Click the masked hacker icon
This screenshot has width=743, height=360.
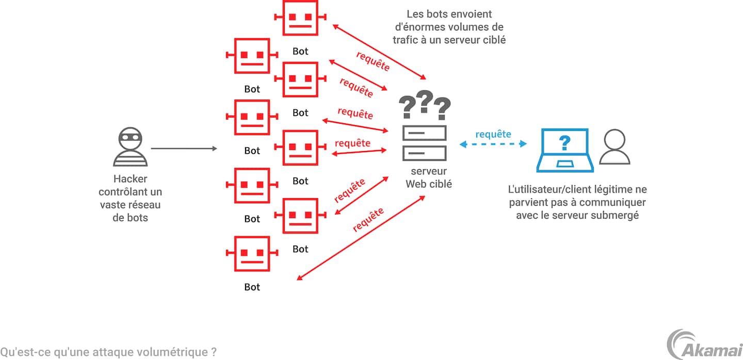[x=130, y=148]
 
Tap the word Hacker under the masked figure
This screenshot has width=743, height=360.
[x=130, y=179]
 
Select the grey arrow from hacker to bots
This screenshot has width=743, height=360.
[x=184, y=149]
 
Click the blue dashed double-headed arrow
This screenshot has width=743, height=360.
[x=493, y=144]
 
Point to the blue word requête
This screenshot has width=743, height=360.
[x=493, y=134]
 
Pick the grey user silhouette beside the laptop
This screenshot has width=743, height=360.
[x=616, y=147]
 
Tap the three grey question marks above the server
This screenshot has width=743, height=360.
[x=425, y=105]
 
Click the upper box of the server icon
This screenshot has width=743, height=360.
[x=425, y=133]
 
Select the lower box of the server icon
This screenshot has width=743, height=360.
[x=425, y=153]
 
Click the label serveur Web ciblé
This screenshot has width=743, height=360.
[x=428, y=177]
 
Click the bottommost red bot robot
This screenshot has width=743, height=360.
[x=252, y=254]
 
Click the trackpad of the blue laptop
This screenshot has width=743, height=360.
[x=565, y=164]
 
